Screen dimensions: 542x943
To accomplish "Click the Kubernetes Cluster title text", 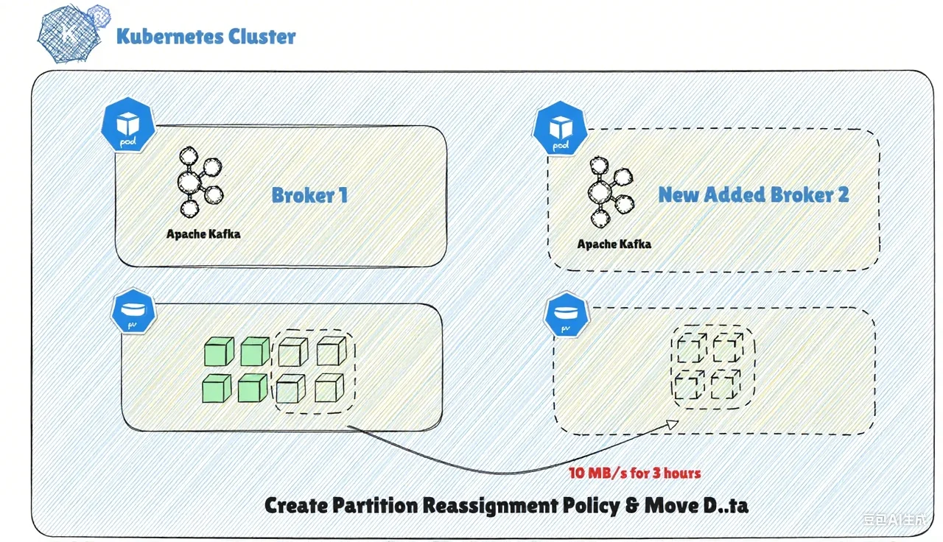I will (206, 36).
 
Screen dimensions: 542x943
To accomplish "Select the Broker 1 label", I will (309, 195).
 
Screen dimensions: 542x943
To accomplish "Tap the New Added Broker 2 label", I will (753, 194).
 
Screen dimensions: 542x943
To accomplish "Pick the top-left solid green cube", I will (218, 351).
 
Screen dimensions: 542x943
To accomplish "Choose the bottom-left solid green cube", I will (217, 387).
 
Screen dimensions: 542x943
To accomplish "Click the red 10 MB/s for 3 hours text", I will (634, 473).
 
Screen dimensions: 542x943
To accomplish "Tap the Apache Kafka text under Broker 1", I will (203, 234).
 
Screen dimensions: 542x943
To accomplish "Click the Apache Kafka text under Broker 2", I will (614, 243).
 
